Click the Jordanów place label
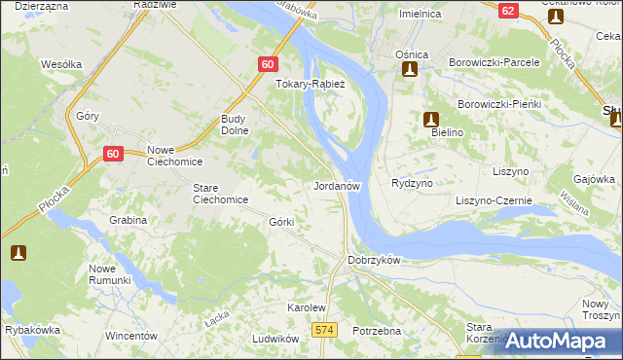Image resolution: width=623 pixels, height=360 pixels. [x=339, y=185]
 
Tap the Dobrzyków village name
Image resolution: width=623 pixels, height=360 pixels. [x=374, y=261]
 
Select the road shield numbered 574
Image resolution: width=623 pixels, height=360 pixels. [x=325, y=331]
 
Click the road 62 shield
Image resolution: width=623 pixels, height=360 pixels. [x=508, y=11]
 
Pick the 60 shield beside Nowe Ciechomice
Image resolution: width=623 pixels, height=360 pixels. [x=113, y=153]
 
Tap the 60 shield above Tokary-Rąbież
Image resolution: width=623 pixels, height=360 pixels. [x=269, y=63]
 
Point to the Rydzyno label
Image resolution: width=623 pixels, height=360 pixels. [x=411, y=183]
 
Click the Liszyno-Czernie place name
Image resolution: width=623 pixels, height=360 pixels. [x=494, y=200]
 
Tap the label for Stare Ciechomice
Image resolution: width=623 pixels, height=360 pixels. [x=220, y=194]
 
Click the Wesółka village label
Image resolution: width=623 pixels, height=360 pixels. [x=60, y=64]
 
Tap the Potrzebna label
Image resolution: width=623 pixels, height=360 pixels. [x=378, y=331]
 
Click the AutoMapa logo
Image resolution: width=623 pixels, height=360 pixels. [x=556, y=341]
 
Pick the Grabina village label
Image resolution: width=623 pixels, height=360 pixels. [x=128, y=220]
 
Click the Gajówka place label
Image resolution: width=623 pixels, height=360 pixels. [x=595, y=179]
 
